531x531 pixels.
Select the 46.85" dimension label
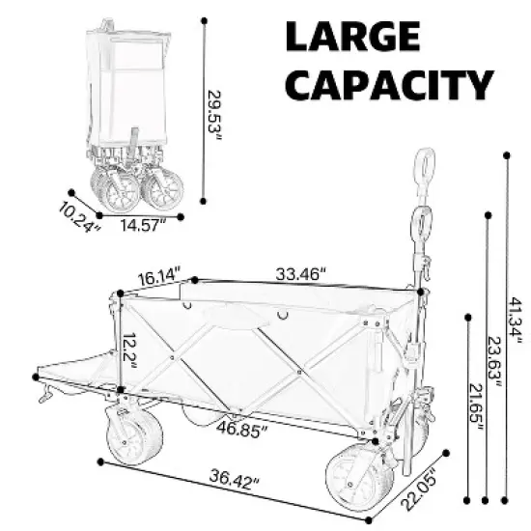click(x=242, y=426)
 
